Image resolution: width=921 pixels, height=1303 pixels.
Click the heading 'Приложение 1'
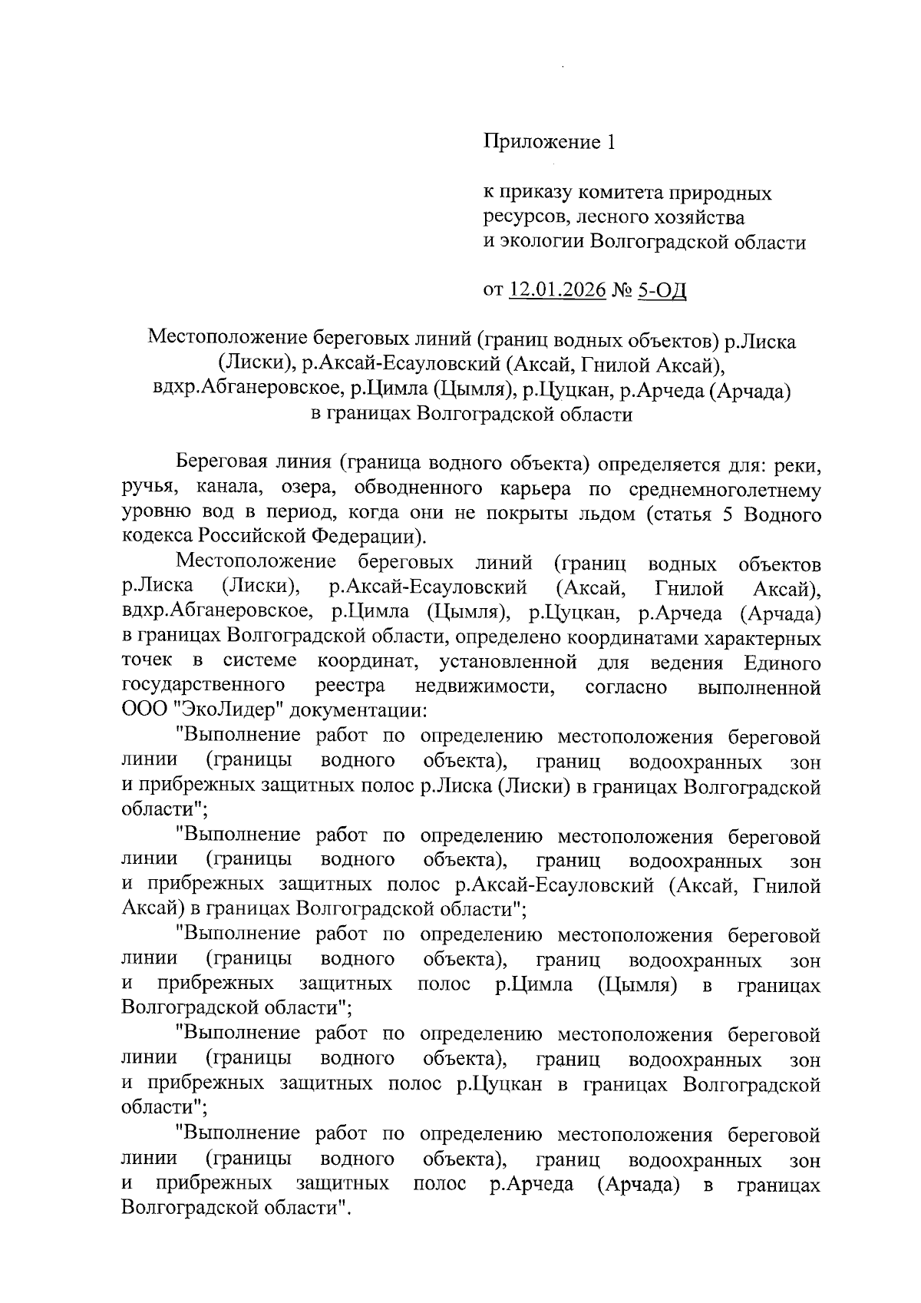pos(549,143)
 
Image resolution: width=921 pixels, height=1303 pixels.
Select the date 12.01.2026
pos(556,291)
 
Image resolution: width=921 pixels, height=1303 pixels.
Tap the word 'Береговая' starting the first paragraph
pos(222,463)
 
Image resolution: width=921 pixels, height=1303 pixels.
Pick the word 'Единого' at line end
pos(782,662)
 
